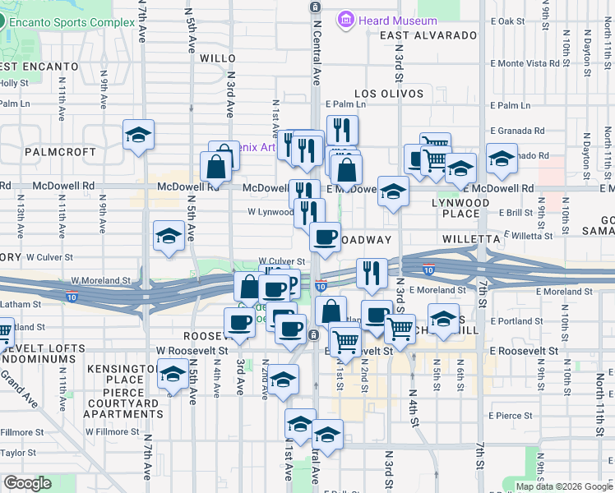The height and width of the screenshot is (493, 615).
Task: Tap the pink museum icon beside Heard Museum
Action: click(x=345, y=19)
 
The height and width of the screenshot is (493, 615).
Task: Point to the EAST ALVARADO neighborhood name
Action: click(x=428, y=35)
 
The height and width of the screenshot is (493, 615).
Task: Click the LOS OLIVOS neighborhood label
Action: click(x=381, y=94)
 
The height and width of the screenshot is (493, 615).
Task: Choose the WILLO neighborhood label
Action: click(x=218, y=58)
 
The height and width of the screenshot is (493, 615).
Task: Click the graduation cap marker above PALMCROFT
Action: click(x=139, y=135)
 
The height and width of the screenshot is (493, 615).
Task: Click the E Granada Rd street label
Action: click(x=517, y=131)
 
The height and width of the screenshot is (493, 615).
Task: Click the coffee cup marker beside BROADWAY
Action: click(x=325, y=237)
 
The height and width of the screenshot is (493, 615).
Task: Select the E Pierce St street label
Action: click(x=510, y=416)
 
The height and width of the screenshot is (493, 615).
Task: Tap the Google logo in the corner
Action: click(x=27, y=483)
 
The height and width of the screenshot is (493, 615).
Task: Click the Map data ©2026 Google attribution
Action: click(x=563, y=486)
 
